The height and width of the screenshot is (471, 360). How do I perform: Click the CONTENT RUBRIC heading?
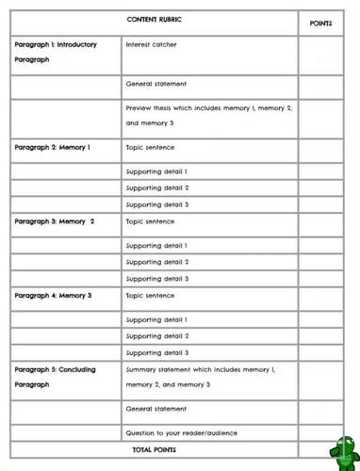155,19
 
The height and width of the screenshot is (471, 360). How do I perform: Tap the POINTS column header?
320,24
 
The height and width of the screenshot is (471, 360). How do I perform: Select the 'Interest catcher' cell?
151,44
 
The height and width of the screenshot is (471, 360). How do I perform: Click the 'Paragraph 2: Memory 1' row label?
53,148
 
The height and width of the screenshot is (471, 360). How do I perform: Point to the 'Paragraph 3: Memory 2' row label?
55,221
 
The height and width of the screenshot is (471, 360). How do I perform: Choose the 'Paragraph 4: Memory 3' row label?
53,295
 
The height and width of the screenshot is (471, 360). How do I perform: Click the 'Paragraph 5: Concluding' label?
55,369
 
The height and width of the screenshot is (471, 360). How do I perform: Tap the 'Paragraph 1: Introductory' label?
56,44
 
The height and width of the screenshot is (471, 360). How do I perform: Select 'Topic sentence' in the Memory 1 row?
150,148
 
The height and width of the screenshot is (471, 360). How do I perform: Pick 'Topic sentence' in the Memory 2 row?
150,221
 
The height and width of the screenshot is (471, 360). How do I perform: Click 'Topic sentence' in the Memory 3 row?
150,295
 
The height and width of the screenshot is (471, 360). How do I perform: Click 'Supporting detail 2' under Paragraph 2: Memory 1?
157,187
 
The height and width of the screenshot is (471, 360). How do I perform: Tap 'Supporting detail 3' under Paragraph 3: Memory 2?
157,278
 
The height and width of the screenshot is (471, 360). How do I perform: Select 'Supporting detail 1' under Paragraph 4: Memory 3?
157,319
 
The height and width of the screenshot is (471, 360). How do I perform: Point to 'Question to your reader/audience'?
181,432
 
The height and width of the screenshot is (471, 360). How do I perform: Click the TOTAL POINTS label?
153,450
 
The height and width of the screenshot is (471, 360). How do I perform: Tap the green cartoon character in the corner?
343,452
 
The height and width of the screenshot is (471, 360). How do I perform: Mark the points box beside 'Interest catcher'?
320,55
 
